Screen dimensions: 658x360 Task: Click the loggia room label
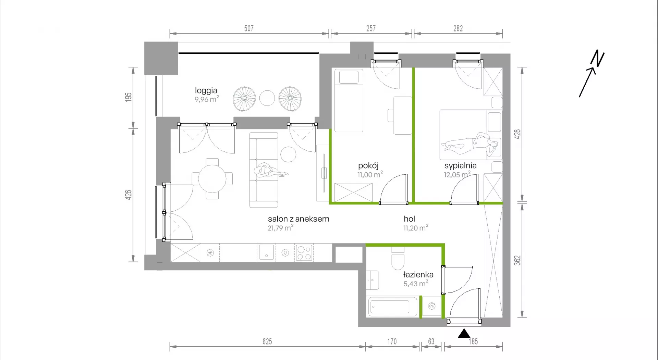[x=206, y=90]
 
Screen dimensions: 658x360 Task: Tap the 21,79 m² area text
[x=280, y=228]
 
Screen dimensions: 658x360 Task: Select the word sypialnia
[x=460, y=166]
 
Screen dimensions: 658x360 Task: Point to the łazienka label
[x=418, y=274]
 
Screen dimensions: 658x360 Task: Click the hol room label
[x=409, y=219]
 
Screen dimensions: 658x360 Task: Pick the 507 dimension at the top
[x=249, y=28]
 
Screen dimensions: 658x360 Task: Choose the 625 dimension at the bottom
[x=267, y=342]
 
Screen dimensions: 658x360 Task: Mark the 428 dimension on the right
[x=517, y=134]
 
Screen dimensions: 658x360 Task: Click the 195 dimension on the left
[x=128, y=97]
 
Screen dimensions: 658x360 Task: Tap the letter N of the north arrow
[x=597, y=59]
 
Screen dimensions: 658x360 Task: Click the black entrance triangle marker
[x=464, y=333]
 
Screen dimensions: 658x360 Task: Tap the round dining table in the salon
[x=212, y=178]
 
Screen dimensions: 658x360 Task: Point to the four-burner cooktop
[x=304, y=253]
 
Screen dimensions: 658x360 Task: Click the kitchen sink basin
[x=266, y=252]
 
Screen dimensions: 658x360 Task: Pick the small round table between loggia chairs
[x=267, y=98]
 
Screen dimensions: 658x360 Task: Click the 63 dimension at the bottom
[x=431, y=342]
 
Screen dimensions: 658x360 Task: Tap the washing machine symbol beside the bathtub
[x=431, y=306]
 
